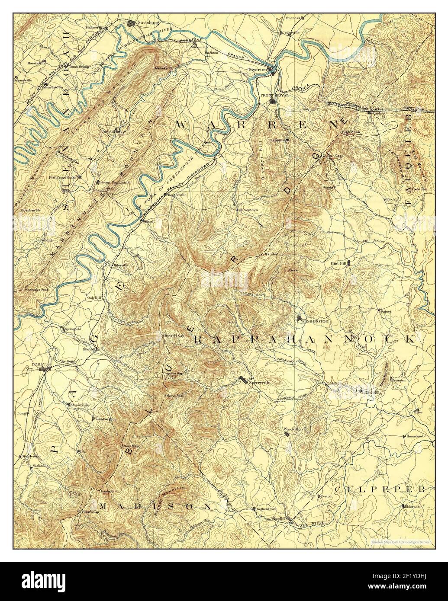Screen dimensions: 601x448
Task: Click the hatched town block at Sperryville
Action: pyautogui.click(x=244, y=380)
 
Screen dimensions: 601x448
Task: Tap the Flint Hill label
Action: pyautogui.click(x=339, y=263)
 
